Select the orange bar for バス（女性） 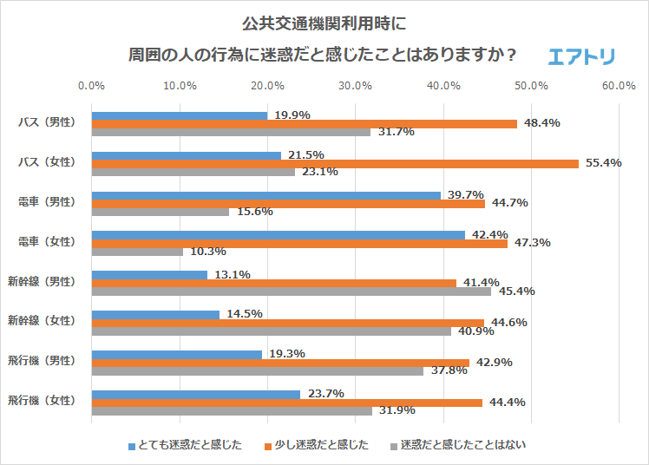(335, 163)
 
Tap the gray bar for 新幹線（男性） (291, 291)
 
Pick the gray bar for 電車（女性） (137, 252)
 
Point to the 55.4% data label (604, 163)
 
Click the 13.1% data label (233, 275)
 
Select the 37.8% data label (449, 370)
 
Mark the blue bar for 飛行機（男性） (176, 354)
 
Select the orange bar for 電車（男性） (288, 203)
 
